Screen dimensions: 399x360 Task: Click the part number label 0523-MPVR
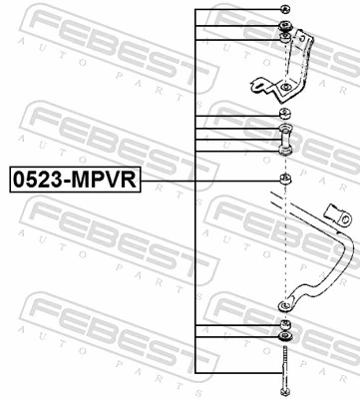click(x=75, y=180)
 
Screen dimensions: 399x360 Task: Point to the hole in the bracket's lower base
click(x=286, y=91)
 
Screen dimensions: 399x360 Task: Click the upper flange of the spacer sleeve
click(x=285, y=129)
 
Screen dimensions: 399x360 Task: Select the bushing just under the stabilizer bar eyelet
click(x=285, y=326)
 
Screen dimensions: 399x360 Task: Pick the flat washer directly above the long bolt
click(x=285, y=339)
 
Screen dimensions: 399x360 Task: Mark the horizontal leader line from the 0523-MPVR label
click(x=209, y=180)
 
